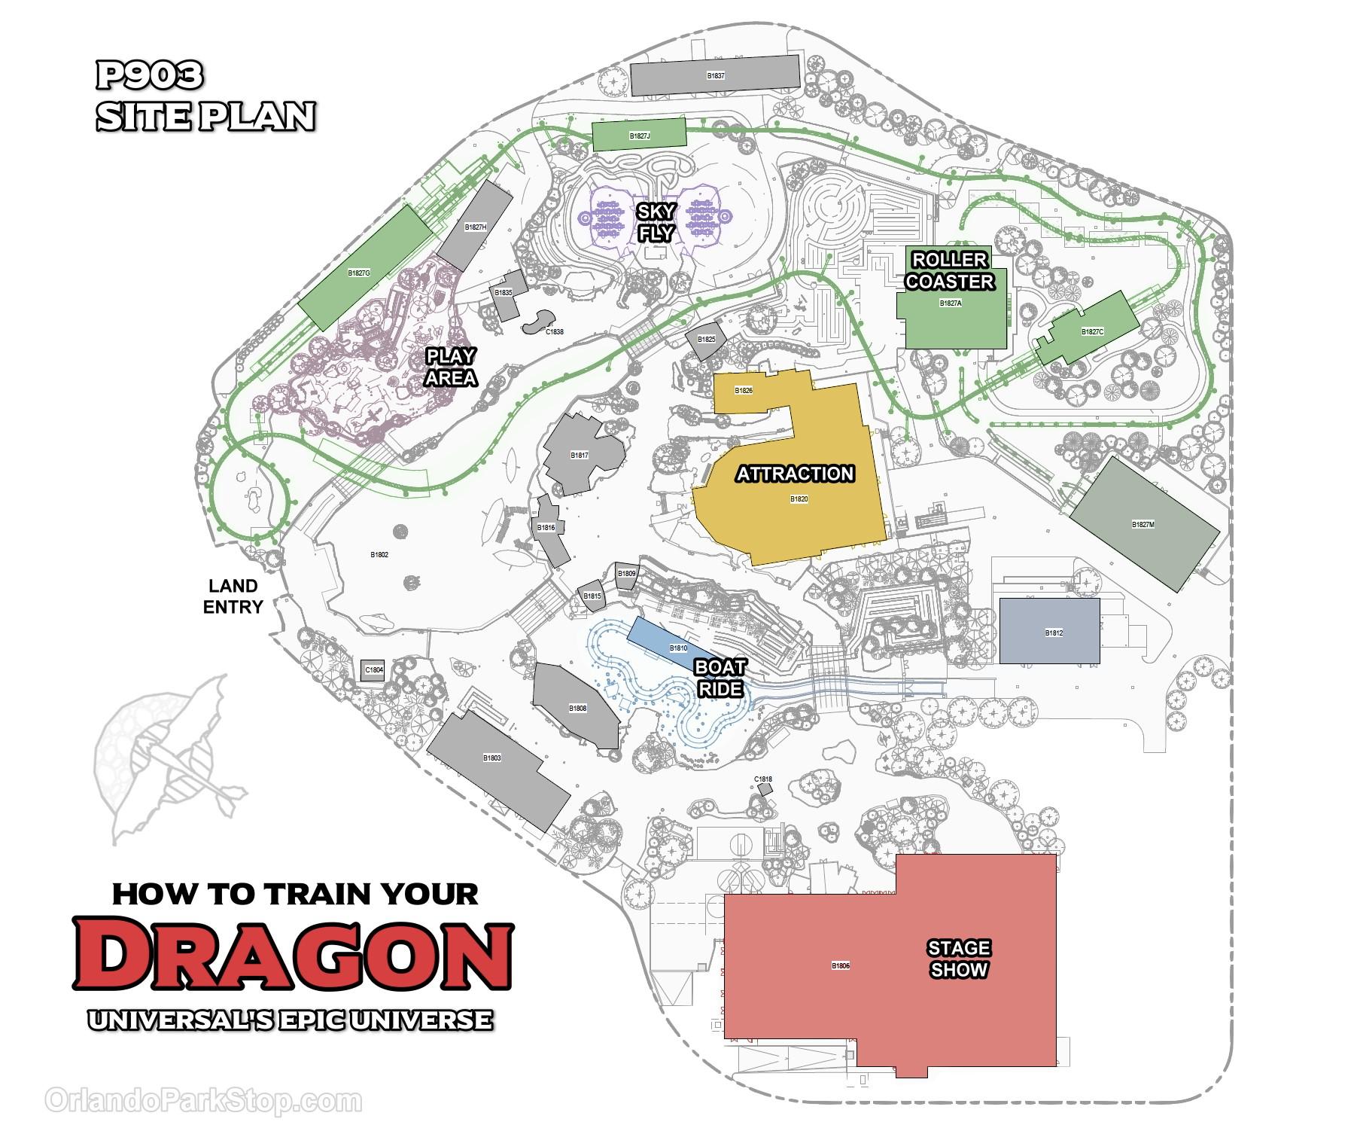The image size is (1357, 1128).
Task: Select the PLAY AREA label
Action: pos(450,366)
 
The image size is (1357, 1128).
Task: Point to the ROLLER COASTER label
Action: pos(949,271)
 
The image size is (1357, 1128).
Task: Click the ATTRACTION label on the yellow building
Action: pos(795,474)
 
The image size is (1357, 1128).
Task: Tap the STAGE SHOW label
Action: pos(958,958)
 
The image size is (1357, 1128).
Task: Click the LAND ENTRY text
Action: pos(233,596)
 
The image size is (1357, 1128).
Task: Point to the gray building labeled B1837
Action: pos(715,75)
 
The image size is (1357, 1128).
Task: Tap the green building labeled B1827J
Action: pos(639,136)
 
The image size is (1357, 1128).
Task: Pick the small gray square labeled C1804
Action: pos(373,669)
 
